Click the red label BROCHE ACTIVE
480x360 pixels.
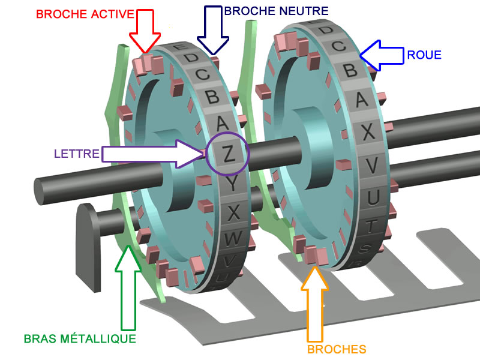pyautogui.click(x=85, y=14)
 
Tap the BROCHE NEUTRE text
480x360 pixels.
pyautogui.click(x=277, y=11)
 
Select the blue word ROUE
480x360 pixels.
pyautogui.click(x=424, y=55)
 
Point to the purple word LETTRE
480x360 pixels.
pyautogui.click(x=77, y=154)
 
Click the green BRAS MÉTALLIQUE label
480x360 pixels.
pyautogui.click(x=80, y=339)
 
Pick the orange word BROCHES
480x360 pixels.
pyautogui.click(x=337, y=349)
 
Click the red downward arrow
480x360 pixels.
pyautogui.click(x=145, y=31)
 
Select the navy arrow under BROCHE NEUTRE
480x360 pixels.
pyautogui.click(x=213, y=30)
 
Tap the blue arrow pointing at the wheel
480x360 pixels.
pyautogui.click(x=382, y=56)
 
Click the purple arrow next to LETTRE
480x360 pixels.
pyautogui.click(x=153, y=154)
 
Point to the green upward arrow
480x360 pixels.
pyautogui.click(x=128, y=288)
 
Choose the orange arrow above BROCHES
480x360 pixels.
pyautogui.click(x=314, y=304)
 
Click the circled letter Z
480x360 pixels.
pyautogui.click(x=229, y=154)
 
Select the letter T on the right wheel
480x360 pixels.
pyautogui.click(x=371, y=226)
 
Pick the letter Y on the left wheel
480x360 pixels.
pyautogui.click(x=232, y=184)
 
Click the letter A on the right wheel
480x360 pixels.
pyautogui.click(x=362, y=100)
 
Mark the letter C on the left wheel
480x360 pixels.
pyautogui.click(x=202, y=74)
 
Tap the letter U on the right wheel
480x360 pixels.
pyautogui.click(x=373, y=197)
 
